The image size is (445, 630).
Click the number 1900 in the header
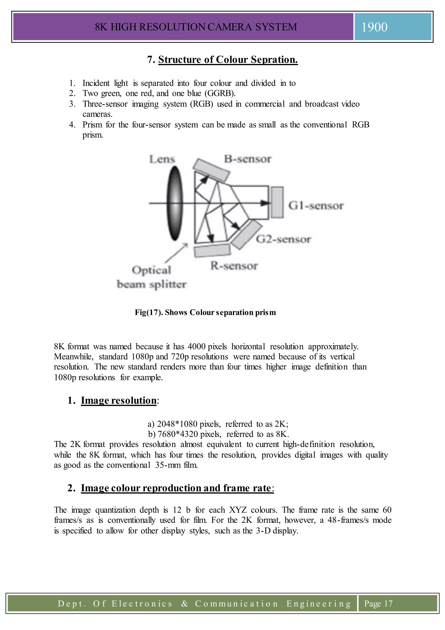coord(374,27)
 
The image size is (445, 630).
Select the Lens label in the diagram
coord(162,159)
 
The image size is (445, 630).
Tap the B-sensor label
coord(248,159)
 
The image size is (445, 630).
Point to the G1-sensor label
coord(316,206)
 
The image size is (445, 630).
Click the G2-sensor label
coord(283,239)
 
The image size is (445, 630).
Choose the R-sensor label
coord(234,266)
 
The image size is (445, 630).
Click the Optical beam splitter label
coord(151,277)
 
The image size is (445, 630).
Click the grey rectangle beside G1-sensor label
coord(277,202)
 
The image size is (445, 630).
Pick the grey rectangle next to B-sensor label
coord(211,170)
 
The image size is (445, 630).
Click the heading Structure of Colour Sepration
coord(228,60)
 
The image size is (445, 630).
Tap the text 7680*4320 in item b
coord(178,434)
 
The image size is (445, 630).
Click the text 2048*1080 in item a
coord(177,424)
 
